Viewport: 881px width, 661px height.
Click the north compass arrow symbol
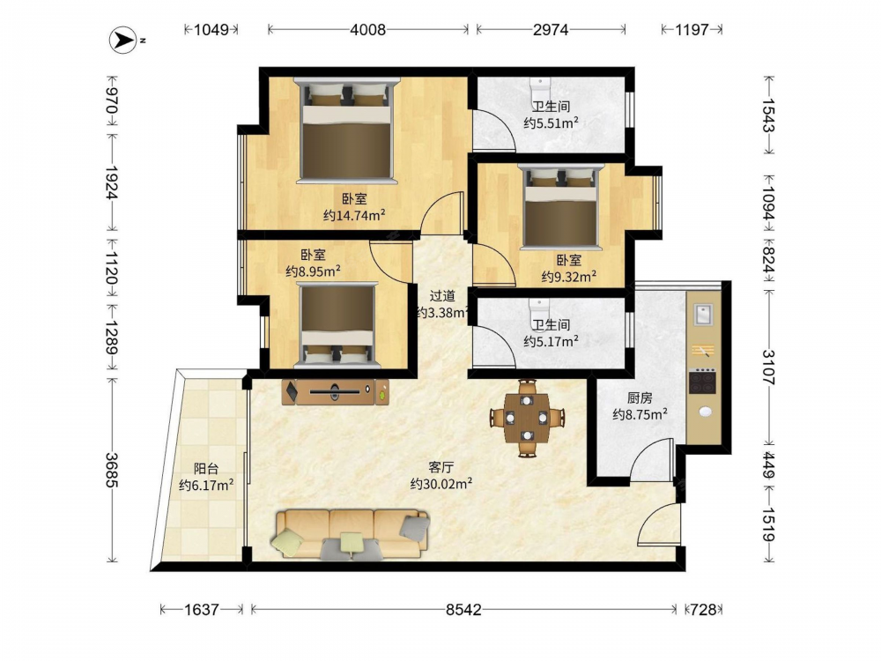point(123,40)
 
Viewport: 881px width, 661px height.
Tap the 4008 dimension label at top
point(368,29)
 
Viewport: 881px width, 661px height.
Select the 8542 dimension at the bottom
point(463,609)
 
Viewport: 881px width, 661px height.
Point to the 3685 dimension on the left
point(111,470)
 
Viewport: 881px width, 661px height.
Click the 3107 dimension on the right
point(768,367)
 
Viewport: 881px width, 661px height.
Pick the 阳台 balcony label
point(206,468)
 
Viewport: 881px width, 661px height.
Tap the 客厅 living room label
point(441,467)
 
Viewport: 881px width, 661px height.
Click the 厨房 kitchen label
point(640,398)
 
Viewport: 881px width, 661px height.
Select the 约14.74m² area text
point(354,215)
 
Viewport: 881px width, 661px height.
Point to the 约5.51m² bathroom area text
point(552,123)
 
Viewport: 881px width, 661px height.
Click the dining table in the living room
point(527,418)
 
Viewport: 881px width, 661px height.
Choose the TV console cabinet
point(336,392)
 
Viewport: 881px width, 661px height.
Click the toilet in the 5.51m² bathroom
point(540,87)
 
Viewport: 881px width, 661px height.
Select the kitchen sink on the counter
point(703,315)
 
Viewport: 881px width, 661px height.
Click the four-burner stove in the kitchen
point(703,382)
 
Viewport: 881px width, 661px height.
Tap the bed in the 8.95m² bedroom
point(337,325)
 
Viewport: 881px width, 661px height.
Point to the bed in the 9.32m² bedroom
point(560,206)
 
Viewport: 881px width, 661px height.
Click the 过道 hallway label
point(443,295)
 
